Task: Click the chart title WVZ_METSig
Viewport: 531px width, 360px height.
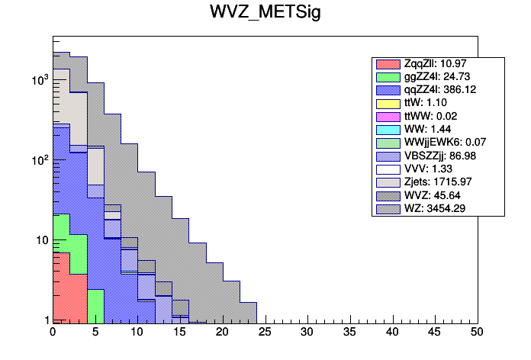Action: pyautogui.click(x=265, y=13)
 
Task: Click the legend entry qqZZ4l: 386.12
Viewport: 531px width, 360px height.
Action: pyautogui.click(x=436, y=90)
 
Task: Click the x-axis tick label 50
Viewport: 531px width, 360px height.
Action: pyautogui.click(x=477, y=333)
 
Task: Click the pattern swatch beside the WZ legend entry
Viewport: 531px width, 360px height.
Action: pyautogui.click(x=388, y=207)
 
